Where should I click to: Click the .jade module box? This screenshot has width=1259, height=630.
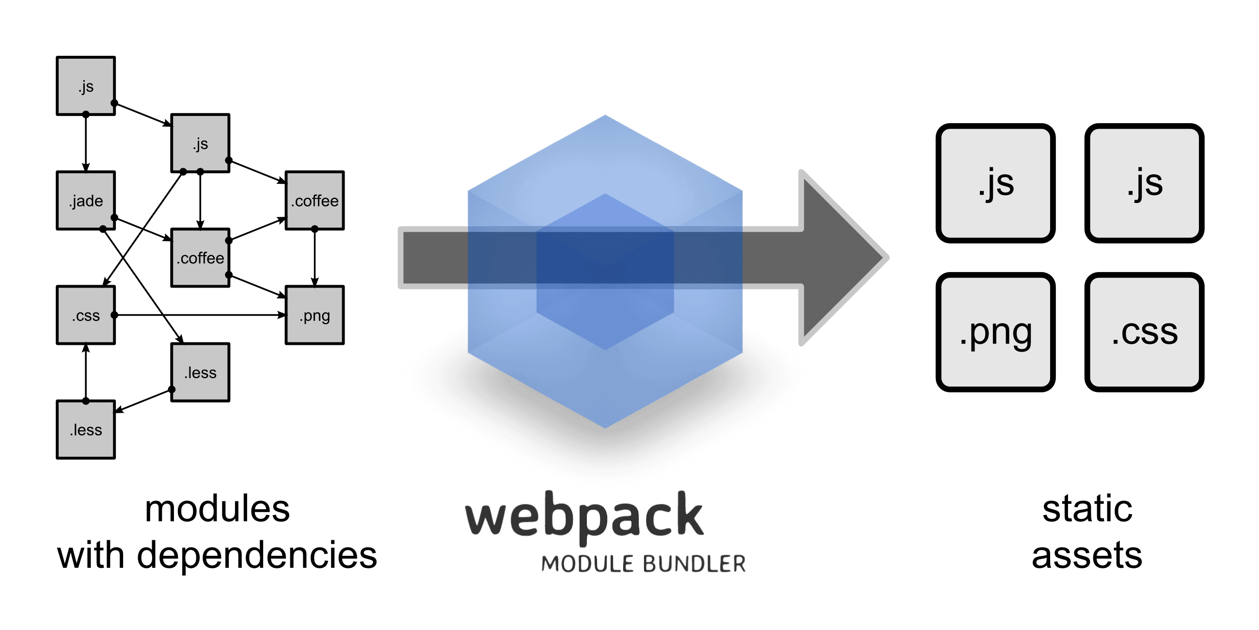(x=86, y=201)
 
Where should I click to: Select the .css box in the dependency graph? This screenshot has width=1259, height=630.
(x=86, y=316)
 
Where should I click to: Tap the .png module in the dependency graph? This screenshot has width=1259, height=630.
(x=315, y=316)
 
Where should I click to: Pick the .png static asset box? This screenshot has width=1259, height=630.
(x=995, y=332)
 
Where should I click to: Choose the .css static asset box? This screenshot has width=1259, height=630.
(x=1144, y=332)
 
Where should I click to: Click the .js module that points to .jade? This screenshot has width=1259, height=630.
(x=86, y=86)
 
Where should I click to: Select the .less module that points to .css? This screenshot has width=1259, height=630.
(x=86, y=429)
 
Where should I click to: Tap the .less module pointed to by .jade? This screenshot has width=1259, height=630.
(x=201, y=373)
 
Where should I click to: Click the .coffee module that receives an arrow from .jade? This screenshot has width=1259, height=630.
(x=201, y=258)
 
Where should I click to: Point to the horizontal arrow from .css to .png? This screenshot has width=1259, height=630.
(x=201, y=316)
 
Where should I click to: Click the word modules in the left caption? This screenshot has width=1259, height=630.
(x=217, y=509)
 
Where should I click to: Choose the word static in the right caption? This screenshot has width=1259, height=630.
(x=1087, y=509)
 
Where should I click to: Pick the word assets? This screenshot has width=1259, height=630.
(x=1087, y=556)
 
